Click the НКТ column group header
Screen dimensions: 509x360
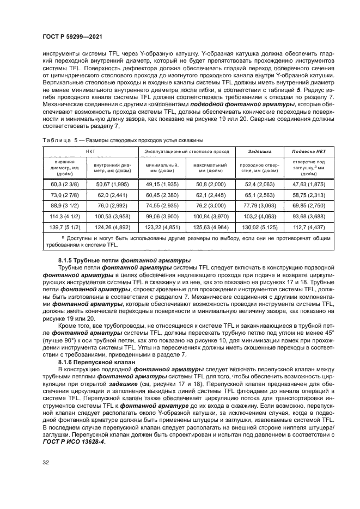[89, 152]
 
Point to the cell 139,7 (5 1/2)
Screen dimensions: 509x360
[64, 228]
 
